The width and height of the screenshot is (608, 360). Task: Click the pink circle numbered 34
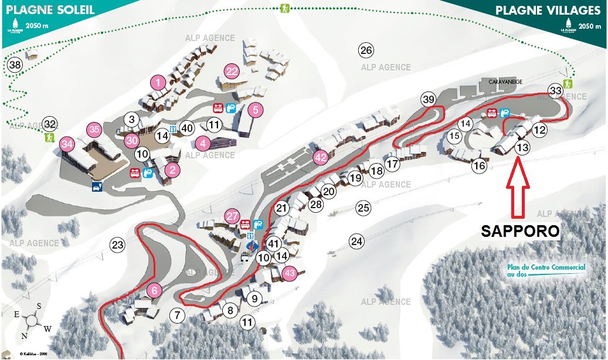(x=67, y=144)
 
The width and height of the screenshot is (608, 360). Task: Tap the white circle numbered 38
(x=15, y=64)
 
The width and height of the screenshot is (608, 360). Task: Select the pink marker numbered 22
(x=232, y=72)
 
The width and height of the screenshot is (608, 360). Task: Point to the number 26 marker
(x=366, y=50)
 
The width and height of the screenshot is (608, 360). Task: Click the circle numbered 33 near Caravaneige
(x=555, y=91)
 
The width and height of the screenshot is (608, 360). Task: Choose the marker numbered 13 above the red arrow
(x=522, y=148)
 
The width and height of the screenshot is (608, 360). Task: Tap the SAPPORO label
(x=520, y=231)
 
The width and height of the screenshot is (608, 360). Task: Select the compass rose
(x=32, y=322)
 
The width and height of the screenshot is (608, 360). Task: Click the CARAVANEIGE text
(x=505, y=82)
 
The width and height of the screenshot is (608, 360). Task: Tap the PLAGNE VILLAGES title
(x=548, y=11)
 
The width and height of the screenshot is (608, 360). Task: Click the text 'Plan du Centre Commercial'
(x=546, y=267)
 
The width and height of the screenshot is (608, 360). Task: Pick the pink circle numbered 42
(x=320, y=157)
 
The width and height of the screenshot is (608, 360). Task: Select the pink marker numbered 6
(x=154, y=290)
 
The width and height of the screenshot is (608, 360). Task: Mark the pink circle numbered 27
(x=233, y=216)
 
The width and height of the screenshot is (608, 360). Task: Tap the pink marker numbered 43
(x=289, y=272)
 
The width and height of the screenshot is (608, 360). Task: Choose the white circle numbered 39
(x=429, y=100)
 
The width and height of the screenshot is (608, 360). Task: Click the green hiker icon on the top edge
(x=285, y=9)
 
